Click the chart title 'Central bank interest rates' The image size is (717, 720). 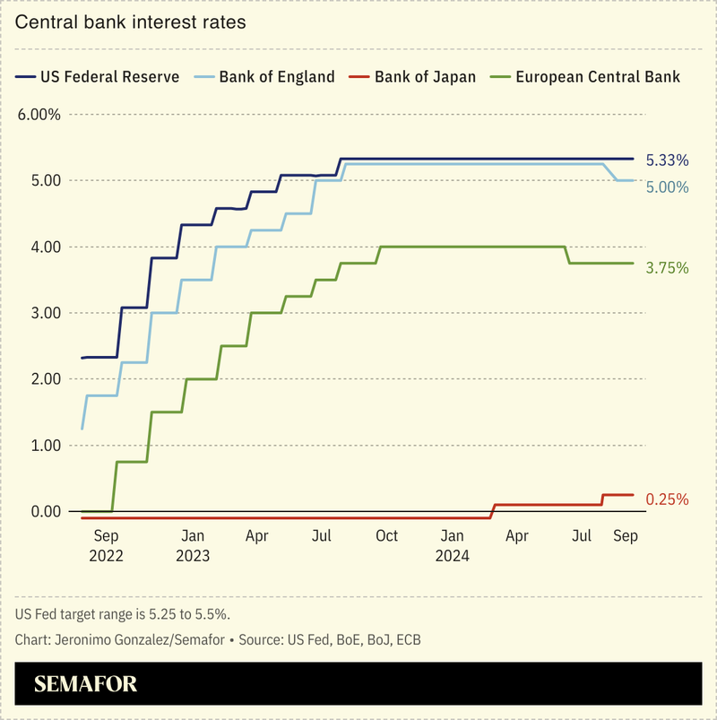tap(130, 22)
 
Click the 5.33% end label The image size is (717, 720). tap(667, 160)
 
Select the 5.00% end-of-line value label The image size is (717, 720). tap(667, 187)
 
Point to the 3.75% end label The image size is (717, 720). tap(667, 267)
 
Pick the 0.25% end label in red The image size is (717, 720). tap(667, 499)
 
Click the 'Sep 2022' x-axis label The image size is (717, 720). tap(107, 545)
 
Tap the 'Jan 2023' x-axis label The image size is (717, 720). tap(193, 545)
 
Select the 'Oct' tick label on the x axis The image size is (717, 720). tap(387, 536)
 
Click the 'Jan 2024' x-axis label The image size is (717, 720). tap(453, 545)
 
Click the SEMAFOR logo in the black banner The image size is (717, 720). tap(86, 685)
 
